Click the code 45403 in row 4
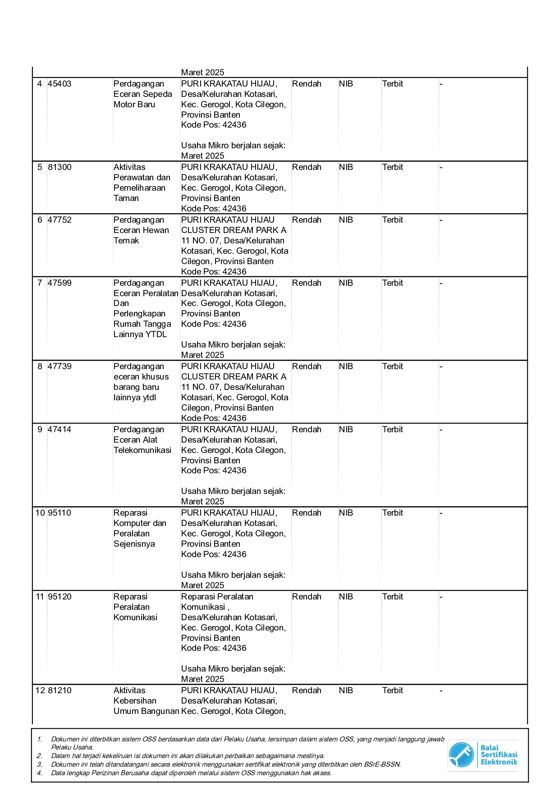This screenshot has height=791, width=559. [60, 84]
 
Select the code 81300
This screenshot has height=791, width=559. [60, 167]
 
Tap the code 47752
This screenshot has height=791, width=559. [60, 220]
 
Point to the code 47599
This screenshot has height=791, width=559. [60, 283]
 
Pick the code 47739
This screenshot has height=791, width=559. [60, 366]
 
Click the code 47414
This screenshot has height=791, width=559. [60, 430]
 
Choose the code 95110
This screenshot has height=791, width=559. [60, 513]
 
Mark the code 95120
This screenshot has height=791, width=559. [60, 597]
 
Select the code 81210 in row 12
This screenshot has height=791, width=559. [60, 690]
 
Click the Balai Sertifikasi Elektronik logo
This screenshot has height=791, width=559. [483, 755]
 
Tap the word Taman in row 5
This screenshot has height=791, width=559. [126, 198]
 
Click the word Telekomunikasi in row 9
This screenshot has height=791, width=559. [142, 450]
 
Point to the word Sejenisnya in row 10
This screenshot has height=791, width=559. [134, 544]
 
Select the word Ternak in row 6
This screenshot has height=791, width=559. [126, 241]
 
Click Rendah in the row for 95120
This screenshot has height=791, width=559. [307, 597]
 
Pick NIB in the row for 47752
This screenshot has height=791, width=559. [346, 220]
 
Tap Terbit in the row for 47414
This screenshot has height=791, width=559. [393, 430]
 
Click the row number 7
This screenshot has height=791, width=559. [40, 283]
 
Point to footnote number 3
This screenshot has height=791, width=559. [40, 764]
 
